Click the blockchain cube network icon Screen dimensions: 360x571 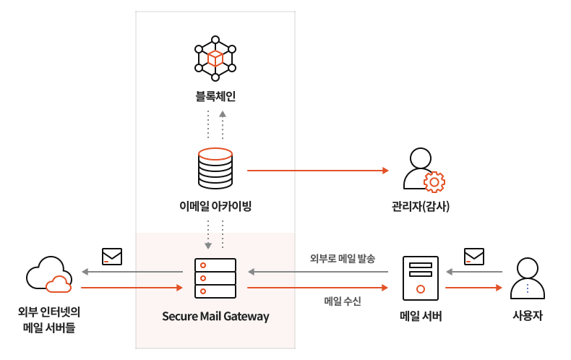point(215,59)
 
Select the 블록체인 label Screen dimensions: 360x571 point(215,96)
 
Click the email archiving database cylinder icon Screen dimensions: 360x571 point(215,168)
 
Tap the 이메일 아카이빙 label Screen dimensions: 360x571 point(215,206)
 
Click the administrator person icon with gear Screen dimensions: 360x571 point(422,170)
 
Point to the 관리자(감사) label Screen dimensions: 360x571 point(421,206)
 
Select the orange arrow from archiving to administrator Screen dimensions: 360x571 point(318,171)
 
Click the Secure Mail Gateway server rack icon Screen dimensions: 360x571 point(215,278)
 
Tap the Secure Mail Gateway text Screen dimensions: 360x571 point(215,317)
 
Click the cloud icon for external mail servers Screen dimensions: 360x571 point(49,275)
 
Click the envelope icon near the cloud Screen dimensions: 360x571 point(112,257)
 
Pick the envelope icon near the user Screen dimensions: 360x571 point(474,257)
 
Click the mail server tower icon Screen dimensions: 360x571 point(421,278)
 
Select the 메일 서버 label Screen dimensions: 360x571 point(421,316)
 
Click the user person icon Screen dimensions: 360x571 point(528,278)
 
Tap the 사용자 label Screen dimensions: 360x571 point(528,316)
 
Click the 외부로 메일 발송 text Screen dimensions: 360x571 point(343,259)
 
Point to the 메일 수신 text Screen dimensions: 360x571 point(343,300)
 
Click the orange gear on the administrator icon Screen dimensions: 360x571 point(434,181)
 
